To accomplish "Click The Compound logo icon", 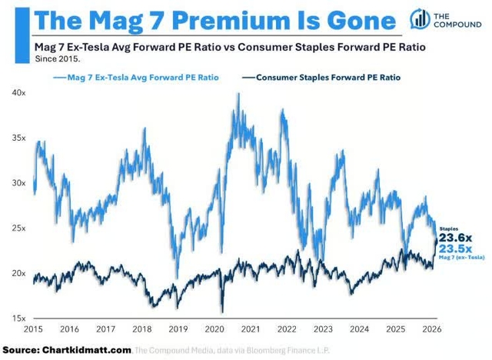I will click(x=421, y=19).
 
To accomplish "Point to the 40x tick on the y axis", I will click(x=18, y=92).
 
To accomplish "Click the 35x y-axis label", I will click(x=18, y=138).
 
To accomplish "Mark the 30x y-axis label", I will click(x=18, y=183).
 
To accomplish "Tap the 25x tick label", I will click(x=18, y=228).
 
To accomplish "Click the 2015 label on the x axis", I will click(x=32, y=329).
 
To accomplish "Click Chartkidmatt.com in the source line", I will click(x=88, y=349).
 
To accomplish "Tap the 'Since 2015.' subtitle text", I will click(x=55, y=58).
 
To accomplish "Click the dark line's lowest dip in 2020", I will click(x=221, y=312).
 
